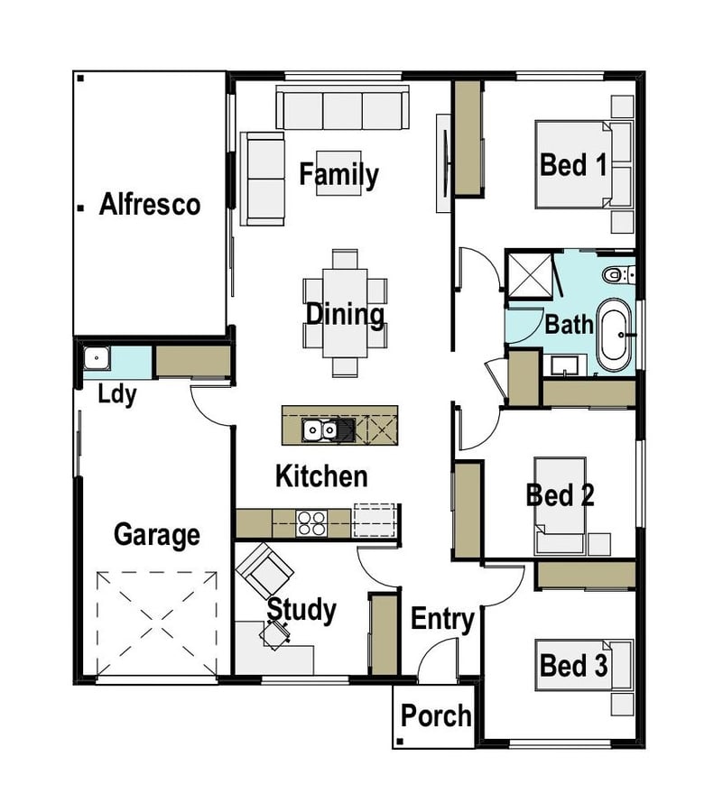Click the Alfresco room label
[x=150, y=204]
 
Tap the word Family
[x=338, y=175]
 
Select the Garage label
[x=157, y=535]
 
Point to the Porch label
[x=436, y=716]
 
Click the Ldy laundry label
[x=117, y=395]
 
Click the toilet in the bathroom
[x=618, y=274]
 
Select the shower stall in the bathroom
[x=530, y=275]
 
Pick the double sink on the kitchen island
[x=320, y=429]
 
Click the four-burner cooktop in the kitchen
[x=311, y=523]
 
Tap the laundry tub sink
[x=97, y=358]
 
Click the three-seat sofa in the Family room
[x=342, y=107]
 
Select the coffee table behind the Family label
[x=338, y=173]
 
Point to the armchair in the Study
[x=264, y=569]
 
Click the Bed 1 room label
[x=573, y=165]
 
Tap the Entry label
[x=442, y=620]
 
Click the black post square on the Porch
[x=400, y=742]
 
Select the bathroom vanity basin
[x=563, y=365]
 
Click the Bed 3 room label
[x=573, y=665]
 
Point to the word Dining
[x=345, y=314]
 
